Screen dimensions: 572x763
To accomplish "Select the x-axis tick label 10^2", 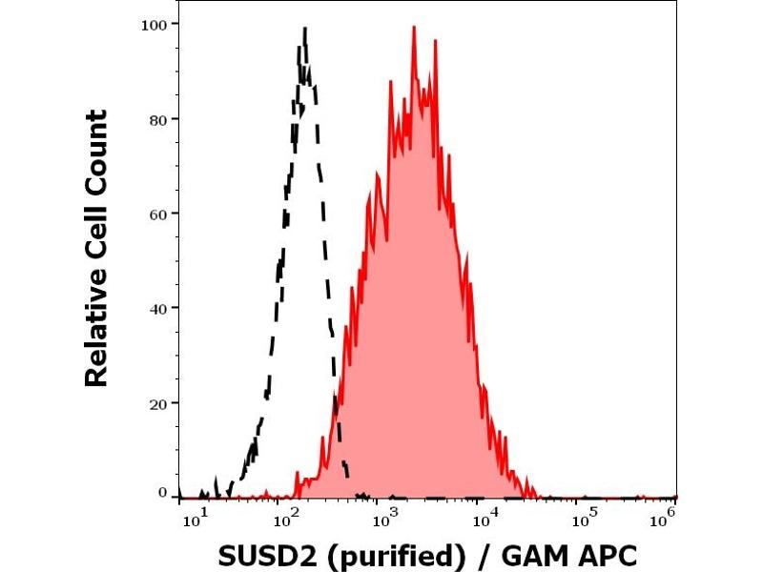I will [287, 515].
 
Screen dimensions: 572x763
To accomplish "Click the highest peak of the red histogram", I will [414, 28].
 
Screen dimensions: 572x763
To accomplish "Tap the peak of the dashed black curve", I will [304, 29].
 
